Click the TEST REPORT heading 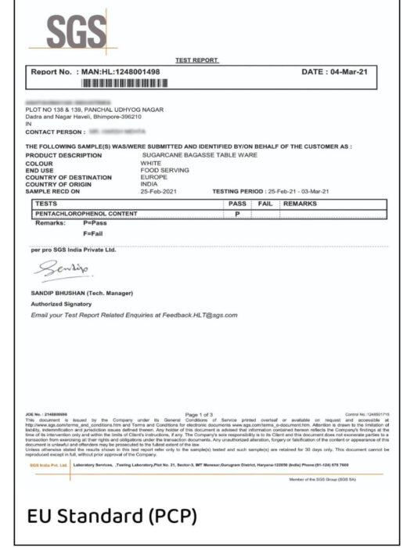pyautogui.click(x=197, y=60)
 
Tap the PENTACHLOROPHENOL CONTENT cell pyautogui.click(x=86, y=212)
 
